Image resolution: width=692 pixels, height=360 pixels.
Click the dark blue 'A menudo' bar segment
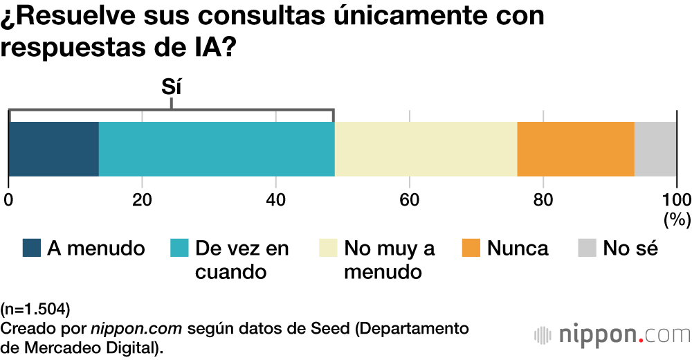click(x=54, y=149)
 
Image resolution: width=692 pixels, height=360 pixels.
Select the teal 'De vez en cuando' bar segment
click(x=217, y=149)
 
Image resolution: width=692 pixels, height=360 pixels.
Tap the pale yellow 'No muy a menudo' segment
click(x=426, y=149)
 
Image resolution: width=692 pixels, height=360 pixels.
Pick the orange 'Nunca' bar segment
click(x=576, y=149)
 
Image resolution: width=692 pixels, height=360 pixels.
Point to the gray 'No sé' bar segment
click(x=655, y=149)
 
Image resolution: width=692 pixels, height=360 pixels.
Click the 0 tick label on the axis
click(x=8, y=200)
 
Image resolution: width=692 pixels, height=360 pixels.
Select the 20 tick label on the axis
click(x=142, y=200)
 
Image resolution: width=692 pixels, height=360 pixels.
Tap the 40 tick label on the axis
click(x=276, y=200)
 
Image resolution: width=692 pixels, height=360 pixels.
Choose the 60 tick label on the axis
click(x=410, y=200)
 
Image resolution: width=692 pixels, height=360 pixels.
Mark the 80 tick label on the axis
click(x=543, y=200)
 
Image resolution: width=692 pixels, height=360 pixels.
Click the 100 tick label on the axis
click(x=676, y=200)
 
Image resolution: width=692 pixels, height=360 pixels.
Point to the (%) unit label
click(x=677, y=219)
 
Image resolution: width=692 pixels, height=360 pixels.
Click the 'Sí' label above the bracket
click(x=171, y=88)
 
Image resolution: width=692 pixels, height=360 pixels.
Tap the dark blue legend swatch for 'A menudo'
click(x=32, y=249)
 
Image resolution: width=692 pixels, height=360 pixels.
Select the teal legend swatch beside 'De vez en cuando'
click(x=180, y=249)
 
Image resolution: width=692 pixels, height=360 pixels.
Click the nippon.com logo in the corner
click(x=612, y=335)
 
